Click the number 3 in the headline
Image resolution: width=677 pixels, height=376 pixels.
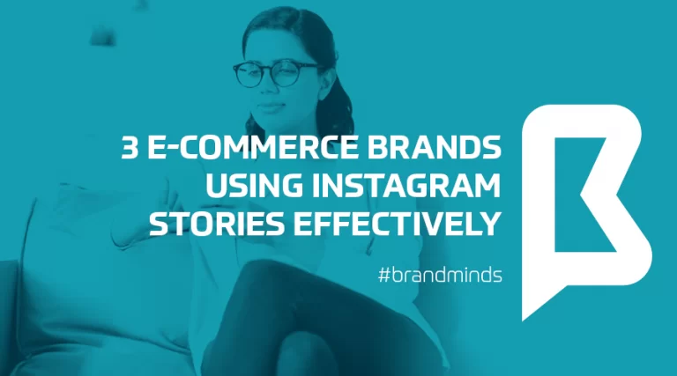pyautogui.click(x=130, y=149)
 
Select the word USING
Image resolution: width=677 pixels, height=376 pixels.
pyautogui.click(x=247, y=186)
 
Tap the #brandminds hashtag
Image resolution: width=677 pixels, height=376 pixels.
pyautogui.click(x=440, y=275)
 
